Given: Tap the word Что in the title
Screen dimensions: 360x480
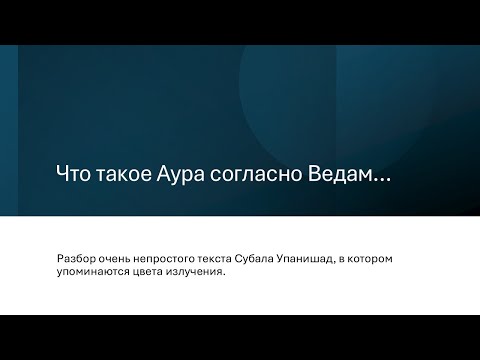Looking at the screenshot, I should [74, 174].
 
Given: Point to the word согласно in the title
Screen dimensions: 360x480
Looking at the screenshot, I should [262, 174].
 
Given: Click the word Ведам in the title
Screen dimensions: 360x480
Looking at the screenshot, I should [341, 174].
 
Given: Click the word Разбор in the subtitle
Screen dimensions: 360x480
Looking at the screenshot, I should [77, 259].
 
